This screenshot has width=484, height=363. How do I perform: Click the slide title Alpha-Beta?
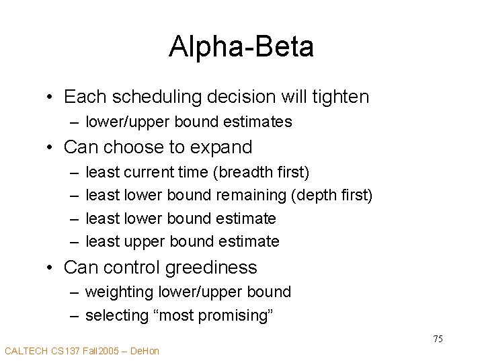tap(241, 46)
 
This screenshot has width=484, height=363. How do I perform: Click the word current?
tap(145, 173)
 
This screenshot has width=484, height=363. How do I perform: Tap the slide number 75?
tap(438, 339)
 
